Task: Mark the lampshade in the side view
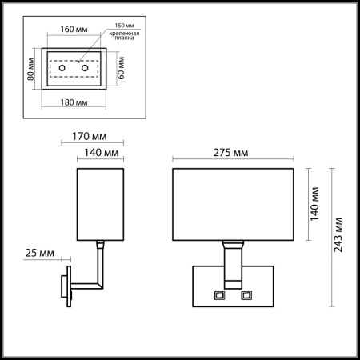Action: click(100, 203)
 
